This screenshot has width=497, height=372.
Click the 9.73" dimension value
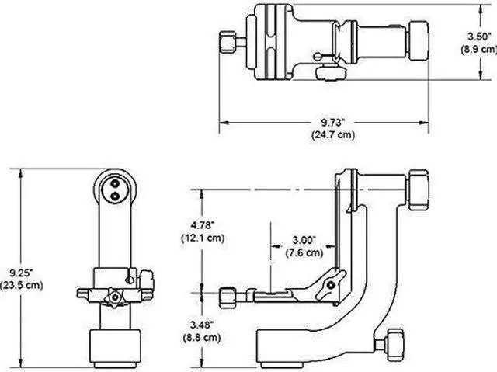click(x=325, y=123)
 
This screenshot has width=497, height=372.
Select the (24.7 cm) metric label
click(x=325, y=134)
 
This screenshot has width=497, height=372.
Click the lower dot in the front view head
click(x=115, y=196)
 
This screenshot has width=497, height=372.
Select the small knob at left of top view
click(x=228, y=41)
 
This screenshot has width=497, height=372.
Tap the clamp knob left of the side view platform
click(x=229, y=296)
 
